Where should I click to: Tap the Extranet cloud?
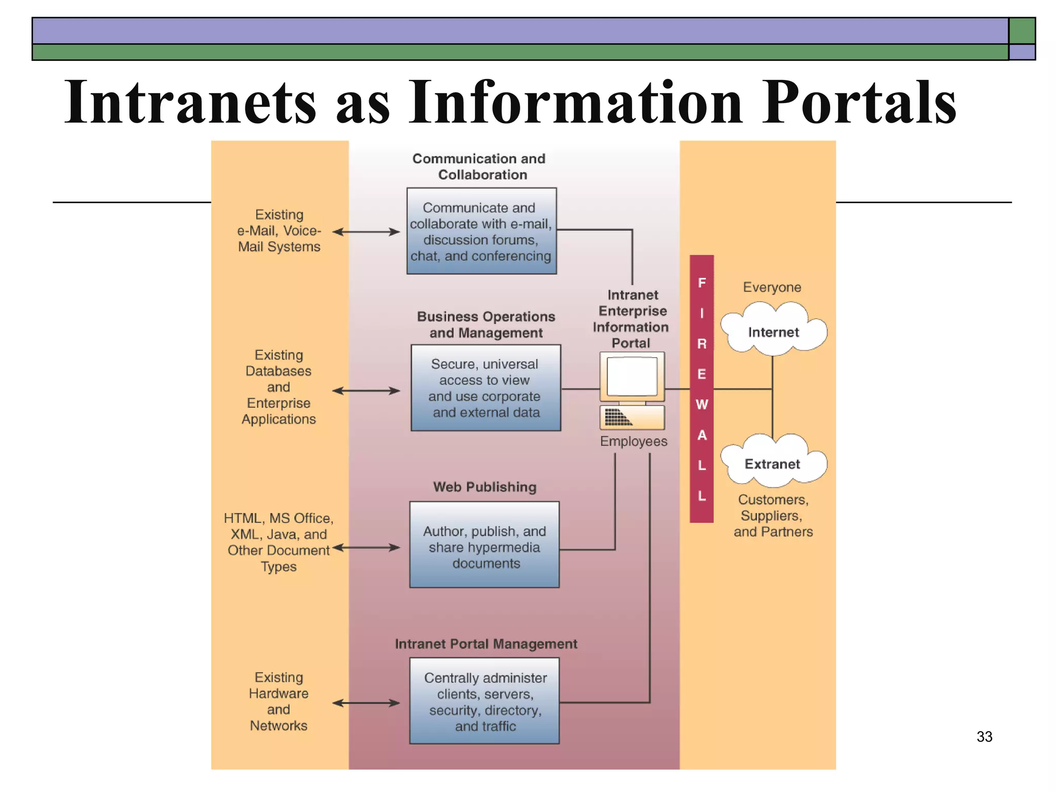click(x=772, y=463)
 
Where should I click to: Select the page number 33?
click(x=984, y=736)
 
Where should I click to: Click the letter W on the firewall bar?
click(x=702, y=405)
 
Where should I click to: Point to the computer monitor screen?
click(x=632, y=376)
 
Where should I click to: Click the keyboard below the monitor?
click(x=632, y=417)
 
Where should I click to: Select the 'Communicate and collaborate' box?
click(x=482, y=231)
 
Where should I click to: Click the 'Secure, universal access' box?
click(x=486, y=388)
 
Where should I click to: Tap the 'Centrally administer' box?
click(x=484, y=701)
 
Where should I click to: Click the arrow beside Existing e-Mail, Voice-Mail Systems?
click(x=366, y=232)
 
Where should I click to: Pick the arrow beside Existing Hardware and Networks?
click(x=366, y=703)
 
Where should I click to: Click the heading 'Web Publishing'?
click(x=485, y=487)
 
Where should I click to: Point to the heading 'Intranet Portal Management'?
click(x=486, y=643)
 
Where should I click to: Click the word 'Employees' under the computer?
click(x=633, y=441)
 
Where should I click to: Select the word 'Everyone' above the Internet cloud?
click(x=772, y=287)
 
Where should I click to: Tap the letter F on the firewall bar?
click(x=702, y=283)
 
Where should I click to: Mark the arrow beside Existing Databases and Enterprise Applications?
click(x=366, y=391)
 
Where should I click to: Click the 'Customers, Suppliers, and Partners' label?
click(x=773, y=516)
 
